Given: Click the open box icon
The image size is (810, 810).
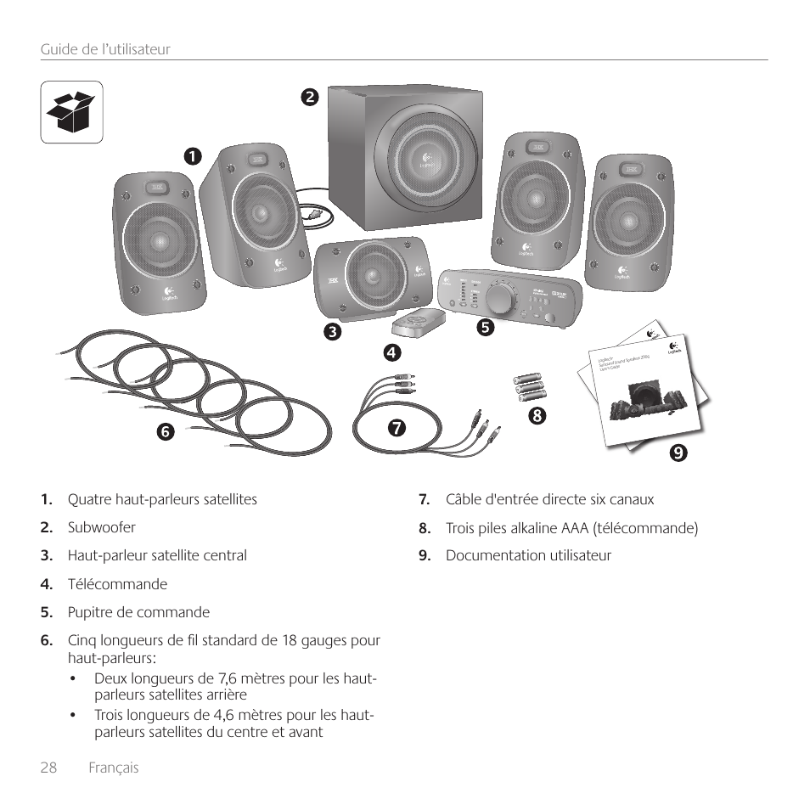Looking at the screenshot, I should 72,111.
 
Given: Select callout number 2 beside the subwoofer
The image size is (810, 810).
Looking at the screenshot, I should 311,97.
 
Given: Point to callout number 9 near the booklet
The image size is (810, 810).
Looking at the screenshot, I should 677,453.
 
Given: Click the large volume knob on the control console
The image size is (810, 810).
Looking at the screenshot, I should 503,297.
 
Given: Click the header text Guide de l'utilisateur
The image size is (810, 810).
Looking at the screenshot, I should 105,49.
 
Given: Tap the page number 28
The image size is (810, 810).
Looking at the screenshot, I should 48,768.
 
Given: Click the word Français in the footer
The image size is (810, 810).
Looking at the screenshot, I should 115,768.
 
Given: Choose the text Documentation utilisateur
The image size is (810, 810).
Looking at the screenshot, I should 528,555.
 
